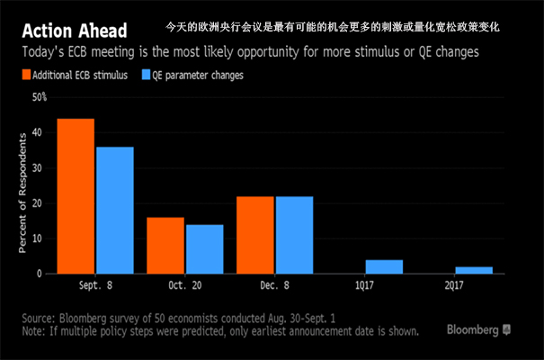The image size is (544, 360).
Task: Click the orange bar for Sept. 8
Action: (x=76, y=195)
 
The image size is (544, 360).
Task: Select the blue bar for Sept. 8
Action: (x=114, y=210)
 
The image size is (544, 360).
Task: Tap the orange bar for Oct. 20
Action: (x=165, y=245)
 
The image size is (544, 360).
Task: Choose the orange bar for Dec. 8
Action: (x=254, y=234)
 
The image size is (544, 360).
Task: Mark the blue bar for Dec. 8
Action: (x=294, y=234)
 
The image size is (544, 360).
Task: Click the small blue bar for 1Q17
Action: (x=384, y=266)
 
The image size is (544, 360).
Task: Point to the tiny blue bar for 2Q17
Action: (x=473, y=270)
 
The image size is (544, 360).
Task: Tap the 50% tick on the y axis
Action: (x=40, y=96)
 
